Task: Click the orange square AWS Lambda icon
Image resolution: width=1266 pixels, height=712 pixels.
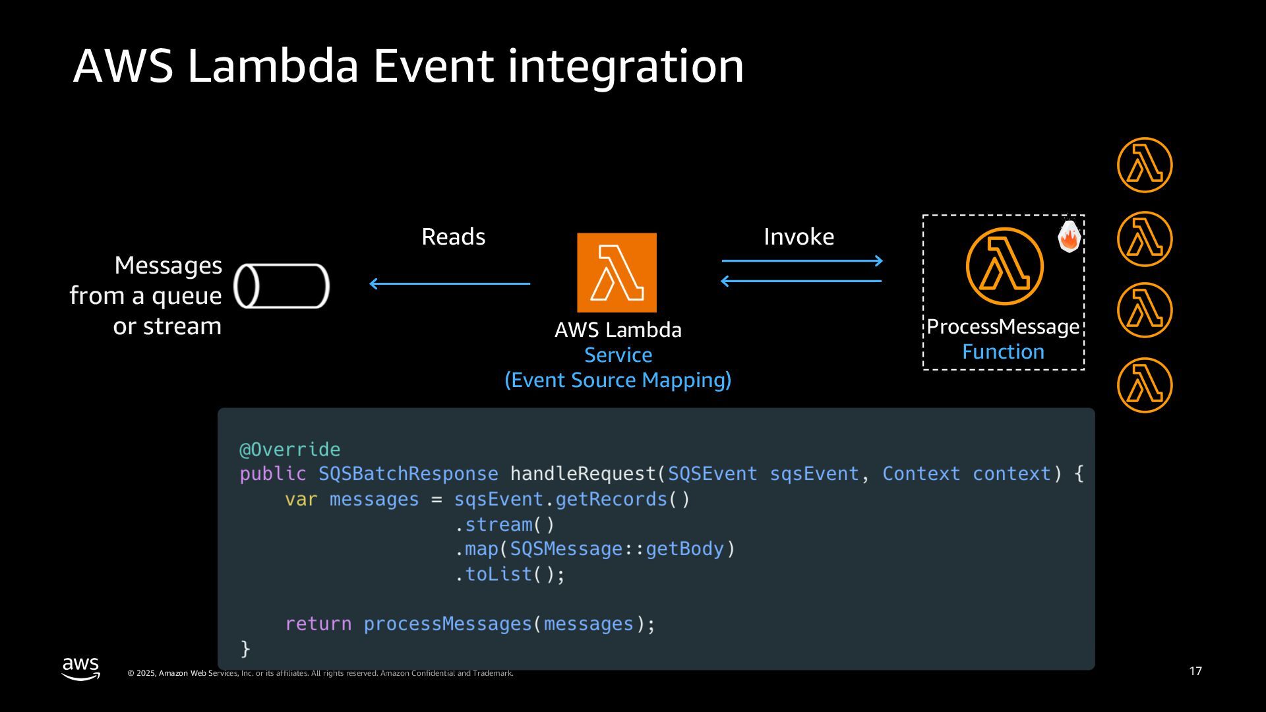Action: (617, 272)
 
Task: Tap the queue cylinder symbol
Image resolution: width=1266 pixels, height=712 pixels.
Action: (282, 286)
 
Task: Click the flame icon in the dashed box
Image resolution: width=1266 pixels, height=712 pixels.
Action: (1069, 237)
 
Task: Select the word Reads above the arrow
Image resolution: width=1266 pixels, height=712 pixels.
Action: (453, 237)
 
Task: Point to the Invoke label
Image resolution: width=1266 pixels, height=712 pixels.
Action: (799, 237)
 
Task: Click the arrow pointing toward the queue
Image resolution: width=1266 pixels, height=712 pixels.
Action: (449, 283)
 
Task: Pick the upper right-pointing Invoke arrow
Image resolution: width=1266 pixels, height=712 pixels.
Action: (802, 261)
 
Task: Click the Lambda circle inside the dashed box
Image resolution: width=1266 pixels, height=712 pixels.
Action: (1004, 266)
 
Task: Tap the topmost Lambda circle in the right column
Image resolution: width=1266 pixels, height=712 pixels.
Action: (1145, 165)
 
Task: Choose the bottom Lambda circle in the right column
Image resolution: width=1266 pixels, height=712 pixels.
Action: (1145, 385)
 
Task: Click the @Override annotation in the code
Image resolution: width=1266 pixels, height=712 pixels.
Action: (289, 450)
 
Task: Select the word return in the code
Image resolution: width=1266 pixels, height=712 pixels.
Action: (318, 624)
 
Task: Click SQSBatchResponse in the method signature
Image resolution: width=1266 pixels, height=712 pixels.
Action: (408, 474)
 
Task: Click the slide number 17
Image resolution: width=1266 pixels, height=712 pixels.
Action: (1195, 671)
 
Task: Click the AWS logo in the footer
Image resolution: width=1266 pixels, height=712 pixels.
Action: (80, 668)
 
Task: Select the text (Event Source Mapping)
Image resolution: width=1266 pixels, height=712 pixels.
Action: (618, 380)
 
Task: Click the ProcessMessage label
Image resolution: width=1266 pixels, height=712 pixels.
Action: (1003, 327)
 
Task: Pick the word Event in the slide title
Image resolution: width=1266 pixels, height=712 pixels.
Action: (433, 66)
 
